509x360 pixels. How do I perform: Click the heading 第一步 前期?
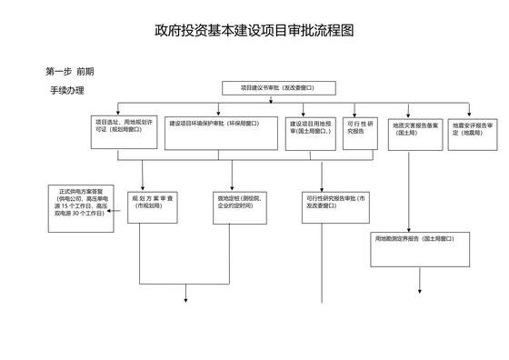(69, 70)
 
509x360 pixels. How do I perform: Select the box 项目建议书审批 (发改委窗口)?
(280, 88)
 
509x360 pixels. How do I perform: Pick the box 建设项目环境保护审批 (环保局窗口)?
(222, 128)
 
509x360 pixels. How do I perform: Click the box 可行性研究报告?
(362, 128)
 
